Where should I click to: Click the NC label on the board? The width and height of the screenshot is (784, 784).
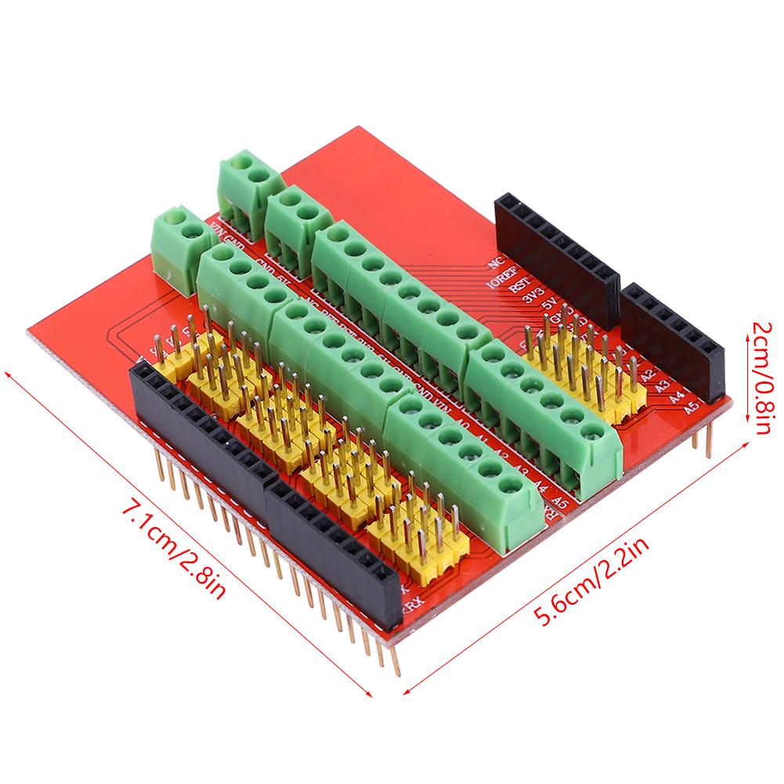(493, 262)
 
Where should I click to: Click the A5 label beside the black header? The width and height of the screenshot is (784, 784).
(690, 407)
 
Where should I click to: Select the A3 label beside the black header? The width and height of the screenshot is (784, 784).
(662, 385)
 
